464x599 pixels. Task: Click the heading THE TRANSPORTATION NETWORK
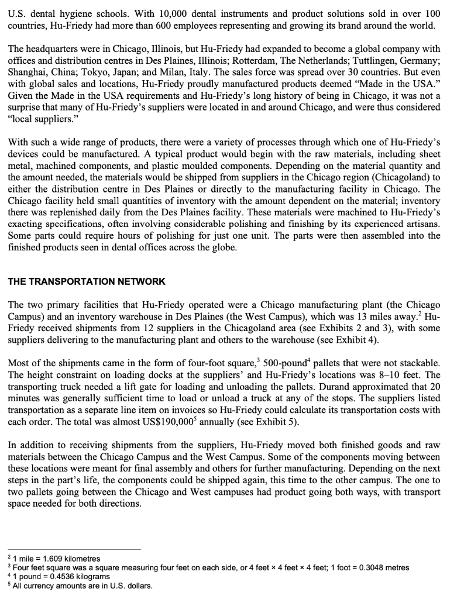coord(87,281)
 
